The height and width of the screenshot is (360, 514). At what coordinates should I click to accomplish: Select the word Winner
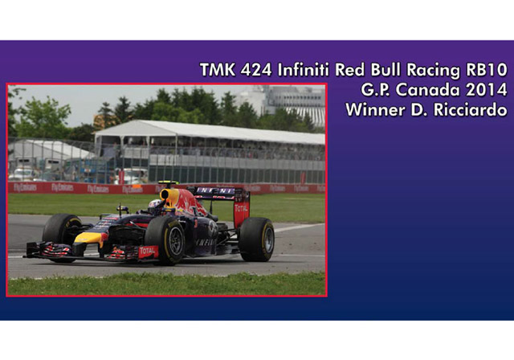pyautogui.click(x=376, y=109)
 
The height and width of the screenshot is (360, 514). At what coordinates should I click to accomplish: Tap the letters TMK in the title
pyautogui.click(x=217, y=70)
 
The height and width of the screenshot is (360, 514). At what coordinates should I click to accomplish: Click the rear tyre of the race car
pyautogui.click(x=257, y=239)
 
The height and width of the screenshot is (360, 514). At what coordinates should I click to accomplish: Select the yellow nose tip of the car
pyautogui.click(x=88, y=238)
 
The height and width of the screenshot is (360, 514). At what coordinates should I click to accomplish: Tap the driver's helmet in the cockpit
pyautogui.click(x=155, y=206)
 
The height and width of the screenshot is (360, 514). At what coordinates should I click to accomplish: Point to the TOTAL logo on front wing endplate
pyautogui.click(x=147, y=252)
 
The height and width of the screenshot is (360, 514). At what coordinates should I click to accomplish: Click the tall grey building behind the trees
pyautogui.click(x=293, y=100)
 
